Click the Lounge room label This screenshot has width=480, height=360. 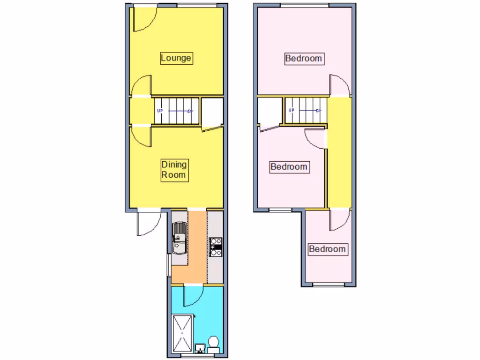click(176, 58)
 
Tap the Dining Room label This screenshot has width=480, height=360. click(174, 170)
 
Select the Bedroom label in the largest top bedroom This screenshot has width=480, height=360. click(304, 59)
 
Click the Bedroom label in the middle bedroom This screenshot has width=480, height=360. click(289, 167)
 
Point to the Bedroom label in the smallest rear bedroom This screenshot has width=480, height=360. click(328, 249)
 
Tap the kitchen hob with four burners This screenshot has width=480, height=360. click(215, 247)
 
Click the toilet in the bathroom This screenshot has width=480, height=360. click(214, 344)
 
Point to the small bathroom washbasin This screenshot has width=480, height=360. click(200, 348)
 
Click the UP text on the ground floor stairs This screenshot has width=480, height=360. click(160, 111)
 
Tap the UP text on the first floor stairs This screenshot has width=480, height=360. click(291, 111)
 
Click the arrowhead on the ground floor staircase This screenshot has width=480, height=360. click(191, 111)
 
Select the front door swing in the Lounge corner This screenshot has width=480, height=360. click(143, 19)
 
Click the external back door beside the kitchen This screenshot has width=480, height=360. click(149, 223)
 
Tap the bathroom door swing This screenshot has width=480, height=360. click(193, 294)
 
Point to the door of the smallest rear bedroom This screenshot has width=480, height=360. click(339, 219)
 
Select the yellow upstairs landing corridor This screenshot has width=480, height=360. click(338, 150)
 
